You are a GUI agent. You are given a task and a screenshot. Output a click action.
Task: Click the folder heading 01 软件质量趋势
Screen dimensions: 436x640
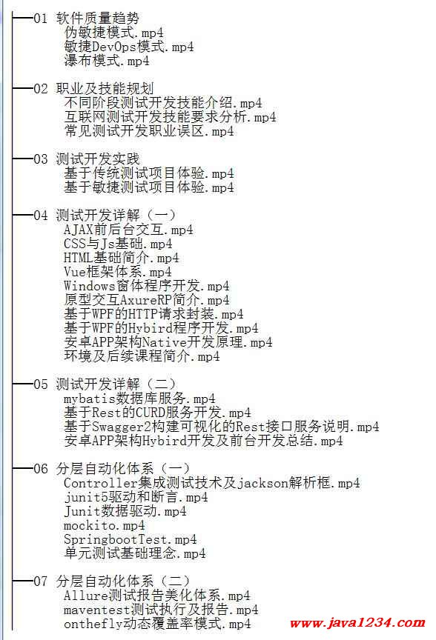86,19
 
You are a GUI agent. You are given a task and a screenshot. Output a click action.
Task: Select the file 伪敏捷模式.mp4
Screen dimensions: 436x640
113,33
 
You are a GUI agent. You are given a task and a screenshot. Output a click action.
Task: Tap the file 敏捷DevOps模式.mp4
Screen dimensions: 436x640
129,47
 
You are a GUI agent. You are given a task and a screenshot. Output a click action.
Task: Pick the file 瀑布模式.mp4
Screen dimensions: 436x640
107,61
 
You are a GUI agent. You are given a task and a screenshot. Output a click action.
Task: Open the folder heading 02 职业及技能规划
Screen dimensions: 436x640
93,89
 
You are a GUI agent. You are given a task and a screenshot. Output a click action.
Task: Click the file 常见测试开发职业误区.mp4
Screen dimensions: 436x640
149,131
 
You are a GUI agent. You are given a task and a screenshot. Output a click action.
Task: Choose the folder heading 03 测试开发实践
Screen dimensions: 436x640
87,159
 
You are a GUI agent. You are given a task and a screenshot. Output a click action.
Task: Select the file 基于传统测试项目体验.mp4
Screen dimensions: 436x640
149,173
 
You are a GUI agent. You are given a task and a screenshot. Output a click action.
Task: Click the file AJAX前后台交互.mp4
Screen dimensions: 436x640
128,230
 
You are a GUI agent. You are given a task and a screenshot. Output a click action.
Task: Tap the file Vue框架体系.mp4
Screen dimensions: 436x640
118,273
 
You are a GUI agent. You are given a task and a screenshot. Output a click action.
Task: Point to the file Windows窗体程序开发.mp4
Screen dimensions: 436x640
146,286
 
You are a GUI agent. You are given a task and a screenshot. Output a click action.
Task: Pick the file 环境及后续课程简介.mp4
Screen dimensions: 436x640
142,356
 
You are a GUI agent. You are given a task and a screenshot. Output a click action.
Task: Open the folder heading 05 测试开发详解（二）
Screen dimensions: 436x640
105,384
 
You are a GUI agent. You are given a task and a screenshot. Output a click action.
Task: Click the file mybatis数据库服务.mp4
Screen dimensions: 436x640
139,399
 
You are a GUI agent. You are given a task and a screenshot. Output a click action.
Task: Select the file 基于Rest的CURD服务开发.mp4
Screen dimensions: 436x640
157,413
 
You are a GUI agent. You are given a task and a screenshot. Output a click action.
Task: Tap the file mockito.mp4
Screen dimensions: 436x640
105,525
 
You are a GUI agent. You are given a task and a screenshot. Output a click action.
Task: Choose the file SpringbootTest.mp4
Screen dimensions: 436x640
130,539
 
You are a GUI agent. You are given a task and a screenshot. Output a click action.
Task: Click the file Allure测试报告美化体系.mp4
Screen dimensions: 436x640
157,596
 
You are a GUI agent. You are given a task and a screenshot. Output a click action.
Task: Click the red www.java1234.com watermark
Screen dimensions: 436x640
357,623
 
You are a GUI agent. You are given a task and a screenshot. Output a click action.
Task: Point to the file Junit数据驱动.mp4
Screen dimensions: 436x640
125,511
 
